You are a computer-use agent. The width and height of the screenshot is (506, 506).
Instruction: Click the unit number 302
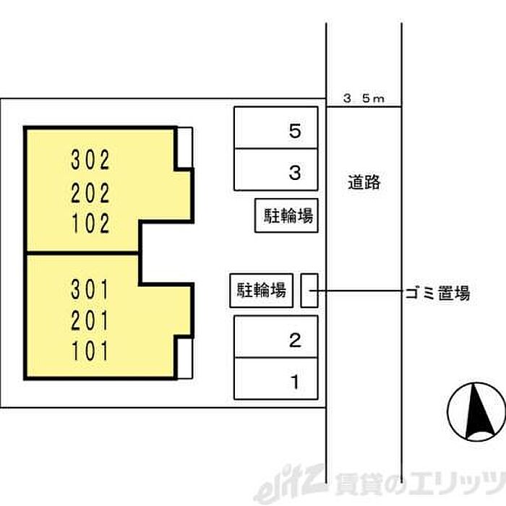90,160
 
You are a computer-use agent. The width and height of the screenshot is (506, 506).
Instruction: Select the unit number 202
90,193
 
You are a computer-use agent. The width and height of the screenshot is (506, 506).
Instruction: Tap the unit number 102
90,223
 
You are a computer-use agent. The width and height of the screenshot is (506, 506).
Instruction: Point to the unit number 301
90,289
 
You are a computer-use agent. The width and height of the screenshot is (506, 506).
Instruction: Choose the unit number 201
90,320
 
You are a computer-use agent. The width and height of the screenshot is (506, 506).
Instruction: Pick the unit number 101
90,351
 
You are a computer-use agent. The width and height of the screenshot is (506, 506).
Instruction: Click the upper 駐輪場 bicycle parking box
286,215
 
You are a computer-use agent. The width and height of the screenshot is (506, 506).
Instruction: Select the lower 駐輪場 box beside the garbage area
262,291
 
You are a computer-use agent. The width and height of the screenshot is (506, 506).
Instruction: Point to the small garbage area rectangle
309,291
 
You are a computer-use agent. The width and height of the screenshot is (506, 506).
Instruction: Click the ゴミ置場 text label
437,293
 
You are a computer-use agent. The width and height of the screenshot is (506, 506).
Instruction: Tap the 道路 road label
364,182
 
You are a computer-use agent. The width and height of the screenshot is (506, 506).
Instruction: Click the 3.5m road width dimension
364,98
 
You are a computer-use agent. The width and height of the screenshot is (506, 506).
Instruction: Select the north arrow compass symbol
477,411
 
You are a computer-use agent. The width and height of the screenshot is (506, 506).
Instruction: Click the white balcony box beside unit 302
185,147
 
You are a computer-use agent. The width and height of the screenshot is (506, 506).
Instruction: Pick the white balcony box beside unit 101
185,359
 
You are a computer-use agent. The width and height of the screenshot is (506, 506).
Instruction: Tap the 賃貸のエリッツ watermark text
419,484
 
